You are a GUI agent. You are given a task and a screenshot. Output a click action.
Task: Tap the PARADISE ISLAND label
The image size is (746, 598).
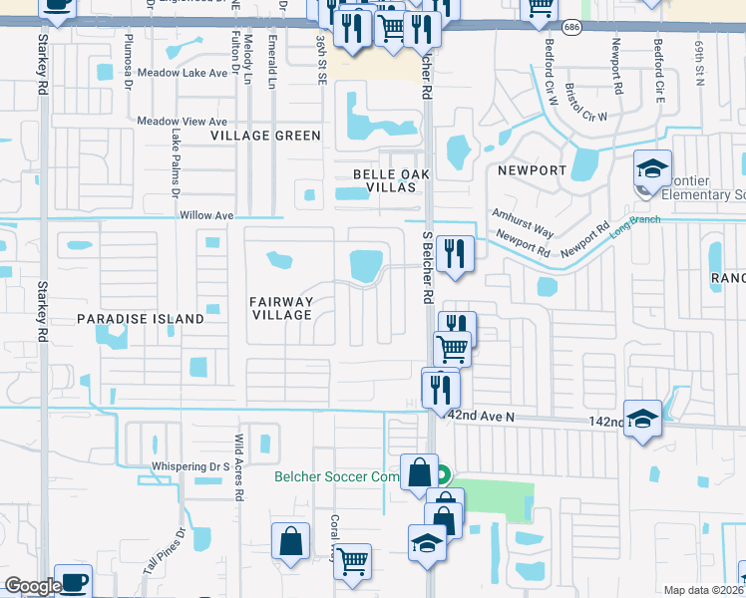pos(140,319)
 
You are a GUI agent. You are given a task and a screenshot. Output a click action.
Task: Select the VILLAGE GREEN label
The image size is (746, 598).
pos(265,136)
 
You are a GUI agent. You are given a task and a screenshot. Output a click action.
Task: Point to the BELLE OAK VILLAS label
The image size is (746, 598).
pos(383,179)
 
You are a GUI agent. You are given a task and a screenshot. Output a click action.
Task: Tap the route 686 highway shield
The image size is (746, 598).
pos(570,27)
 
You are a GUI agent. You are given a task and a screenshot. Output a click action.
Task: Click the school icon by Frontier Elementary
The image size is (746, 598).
pos(652,170)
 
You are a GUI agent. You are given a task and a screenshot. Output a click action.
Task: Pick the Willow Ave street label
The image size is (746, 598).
pos(205,215)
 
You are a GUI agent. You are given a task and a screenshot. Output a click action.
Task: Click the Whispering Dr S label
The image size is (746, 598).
pos(190,465)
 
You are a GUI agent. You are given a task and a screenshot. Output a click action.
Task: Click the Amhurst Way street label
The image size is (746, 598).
pos(523,222)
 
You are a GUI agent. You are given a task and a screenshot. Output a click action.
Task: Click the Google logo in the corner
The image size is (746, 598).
pos(33,586)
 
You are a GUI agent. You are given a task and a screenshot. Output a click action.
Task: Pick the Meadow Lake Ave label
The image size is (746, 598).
pos(183,73)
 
